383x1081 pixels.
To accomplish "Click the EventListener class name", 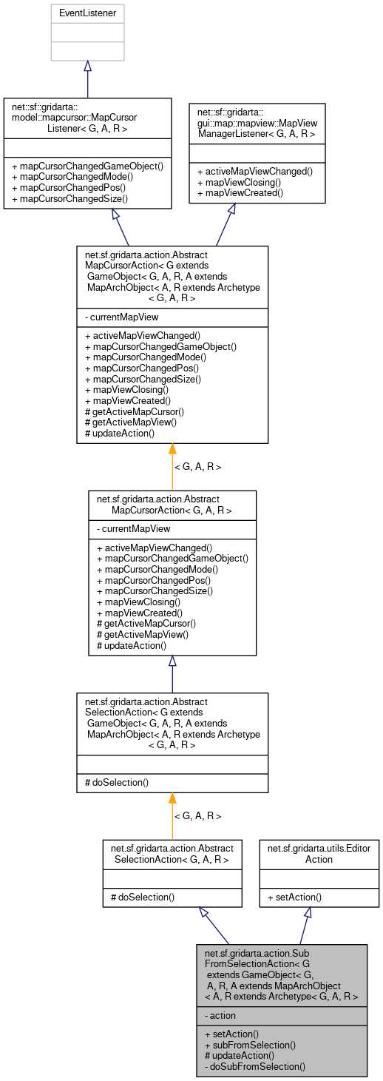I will point(87,13).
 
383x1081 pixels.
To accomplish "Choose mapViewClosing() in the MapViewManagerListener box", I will point(236,181).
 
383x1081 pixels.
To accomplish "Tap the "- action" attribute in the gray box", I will point(223,1016).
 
